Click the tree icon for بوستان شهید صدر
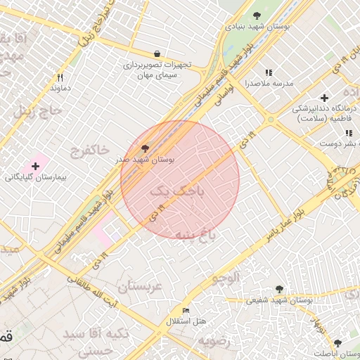[146, 149]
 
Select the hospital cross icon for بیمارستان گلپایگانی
[36, 165]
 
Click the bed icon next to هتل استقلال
[186, 311]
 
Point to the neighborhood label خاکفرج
[90, 150]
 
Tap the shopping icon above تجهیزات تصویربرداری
[156, 53]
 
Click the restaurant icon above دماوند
[60, 77]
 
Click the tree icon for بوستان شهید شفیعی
[280, 289]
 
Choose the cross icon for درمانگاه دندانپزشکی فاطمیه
[323, 98]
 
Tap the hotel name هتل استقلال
[186, 321]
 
